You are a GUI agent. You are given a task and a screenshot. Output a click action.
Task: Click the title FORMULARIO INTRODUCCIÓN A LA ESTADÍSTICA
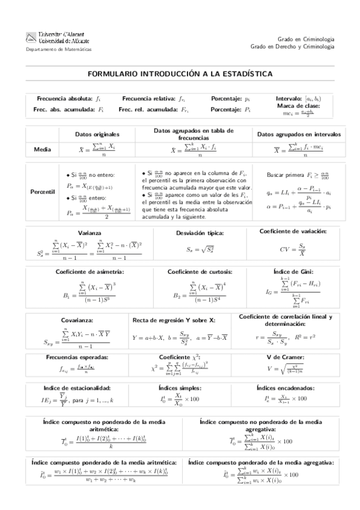click(x=180, y=73)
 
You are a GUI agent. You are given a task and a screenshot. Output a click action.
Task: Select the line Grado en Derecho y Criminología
click(x=292, y=46)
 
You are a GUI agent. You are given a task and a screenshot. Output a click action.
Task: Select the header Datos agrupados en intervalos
click(x=298, y=134)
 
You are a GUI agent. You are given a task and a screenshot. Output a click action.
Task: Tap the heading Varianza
click(x=90, y=233)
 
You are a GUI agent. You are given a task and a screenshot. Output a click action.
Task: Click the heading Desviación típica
click(x=200, y=233)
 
